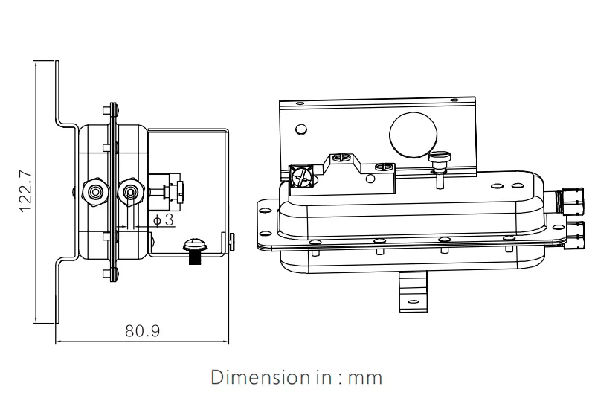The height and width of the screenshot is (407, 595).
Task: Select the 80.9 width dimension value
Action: pos(142,331)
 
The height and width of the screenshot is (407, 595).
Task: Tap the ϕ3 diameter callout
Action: pos(163,219)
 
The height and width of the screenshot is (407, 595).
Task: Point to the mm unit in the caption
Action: pos(365,378)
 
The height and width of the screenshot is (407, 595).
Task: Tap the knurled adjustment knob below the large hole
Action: pos(440,158)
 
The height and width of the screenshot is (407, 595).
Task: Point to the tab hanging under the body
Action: pos(412,292)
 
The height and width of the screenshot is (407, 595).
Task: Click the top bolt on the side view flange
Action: pos(112,112)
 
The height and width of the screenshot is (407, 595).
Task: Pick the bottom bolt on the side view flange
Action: pos(112,273)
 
